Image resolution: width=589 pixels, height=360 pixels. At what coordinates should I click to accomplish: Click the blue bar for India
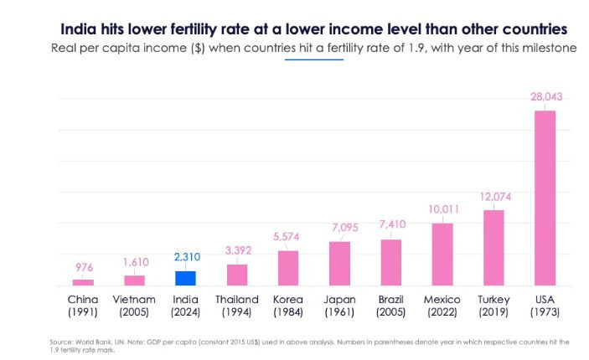point(185,278)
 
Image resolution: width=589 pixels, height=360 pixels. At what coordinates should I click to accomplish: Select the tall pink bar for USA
point(545,198)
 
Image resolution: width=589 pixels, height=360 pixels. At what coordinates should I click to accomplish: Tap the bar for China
point(83,282)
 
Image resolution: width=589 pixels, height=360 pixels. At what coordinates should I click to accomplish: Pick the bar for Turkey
point(493,248)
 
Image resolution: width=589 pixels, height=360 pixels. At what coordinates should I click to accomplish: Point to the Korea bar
point(288,268)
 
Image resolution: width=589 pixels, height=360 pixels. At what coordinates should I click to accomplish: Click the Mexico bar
point(442,255)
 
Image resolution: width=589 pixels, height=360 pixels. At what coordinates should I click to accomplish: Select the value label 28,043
point(546,97)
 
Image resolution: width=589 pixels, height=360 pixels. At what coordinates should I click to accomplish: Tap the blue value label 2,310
point(187,257)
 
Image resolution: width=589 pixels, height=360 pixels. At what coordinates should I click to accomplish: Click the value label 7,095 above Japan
point(345,228)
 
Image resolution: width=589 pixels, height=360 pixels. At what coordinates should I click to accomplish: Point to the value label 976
point(84,267)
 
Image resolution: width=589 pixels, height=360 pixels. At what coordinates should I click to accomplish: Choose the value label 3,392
point(238,250)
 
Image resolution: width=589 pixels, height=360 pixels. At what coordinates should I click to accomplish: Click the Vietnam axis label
point(134,300)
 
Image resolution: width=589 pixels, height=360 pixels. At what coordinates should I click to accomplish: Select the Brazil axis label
point(391,300)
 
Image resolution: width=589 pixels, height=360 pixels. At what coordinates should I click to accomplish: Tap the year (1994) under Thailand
point(236,312)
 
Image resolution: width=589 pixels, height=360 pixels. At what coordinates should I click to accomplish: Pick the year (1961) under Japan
point(339,312)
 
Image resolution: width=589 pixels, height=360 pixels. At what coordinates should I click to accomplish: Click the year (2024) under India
point(185,312)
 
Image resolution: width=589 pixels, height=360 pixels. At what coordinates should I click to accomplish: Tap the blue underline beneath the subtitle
point(314,59)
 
